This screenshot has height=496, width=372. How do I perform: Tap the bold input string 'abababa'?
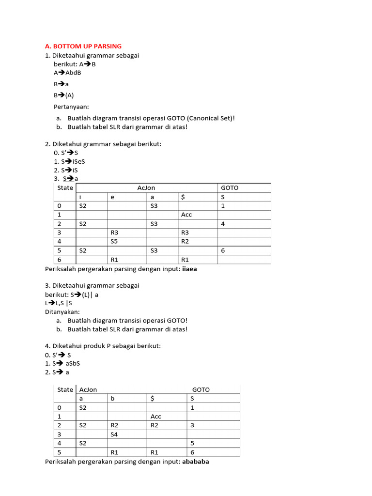click(x=196, y=462)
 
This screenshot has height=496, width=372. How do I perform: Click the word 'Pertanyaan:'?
click(x=71, y=106)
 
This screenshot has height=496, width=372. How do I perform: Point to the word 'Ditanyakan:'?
click(x=62, y=311)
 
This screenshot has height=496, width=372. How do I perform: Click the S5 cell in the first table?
click(x=114, y=241)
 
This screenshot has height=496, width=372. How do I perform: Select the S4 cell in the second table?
click(x=114, y=434)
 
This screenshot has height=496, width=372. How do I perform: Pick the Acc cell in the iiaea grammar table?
click(x=187, y=214)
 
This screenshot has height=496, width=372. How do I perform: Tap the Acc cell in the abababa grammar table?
click(x=156, y=417)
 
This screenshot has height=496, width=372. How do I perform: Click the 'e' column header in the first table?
click(x=113, y=197)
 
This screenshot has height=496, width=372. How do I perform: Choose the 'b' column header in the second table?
click(x=112, y=399)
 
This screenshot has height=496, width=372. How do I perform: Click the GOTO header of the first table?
click(x=230, y=187)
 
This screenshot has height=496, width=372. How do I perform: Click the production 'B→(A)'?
click(x=64, y=95)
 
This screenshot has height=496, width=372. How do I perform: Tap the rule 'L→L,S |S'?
click(x=62, y=303)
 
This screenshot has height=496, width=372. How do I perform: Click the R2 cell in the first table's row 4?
click(x=185, y=241)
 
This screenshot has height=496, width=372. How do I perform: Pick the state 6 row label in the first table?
click(x=59, y=260)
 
